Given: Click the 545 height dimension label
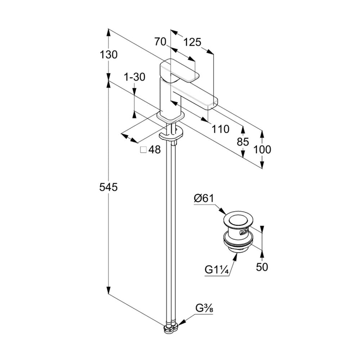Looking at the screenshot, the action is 108,187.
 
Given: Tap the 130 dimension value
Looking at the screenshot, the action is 109,55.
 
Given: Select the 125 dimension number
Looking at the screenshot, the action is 192,42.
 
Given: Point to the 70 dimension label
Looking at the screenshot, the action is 160,42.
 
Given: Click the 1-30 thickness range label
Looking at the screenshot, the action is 135,77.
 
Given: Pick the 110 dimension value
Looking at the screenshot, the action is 220,129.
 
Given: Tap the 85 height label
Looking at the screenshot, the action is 243,141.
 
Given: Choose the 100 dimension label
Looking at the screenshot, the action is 262,150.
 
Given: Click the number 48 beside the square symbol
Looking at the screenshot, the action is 154,150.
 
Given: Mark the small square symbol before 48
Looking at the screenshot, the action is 144,150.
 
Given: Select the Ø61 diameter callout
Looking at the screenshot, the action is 204,198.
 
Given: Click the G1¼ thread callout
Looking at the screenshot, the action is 217,270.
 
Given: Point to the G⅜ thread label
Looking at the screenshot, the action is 204,308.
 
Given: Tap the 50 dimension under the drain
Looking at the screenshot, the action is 262,267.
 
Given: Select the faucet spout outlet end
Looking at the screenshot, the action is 212,103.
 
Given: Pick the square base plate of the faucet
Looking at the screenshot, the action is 171,116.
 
